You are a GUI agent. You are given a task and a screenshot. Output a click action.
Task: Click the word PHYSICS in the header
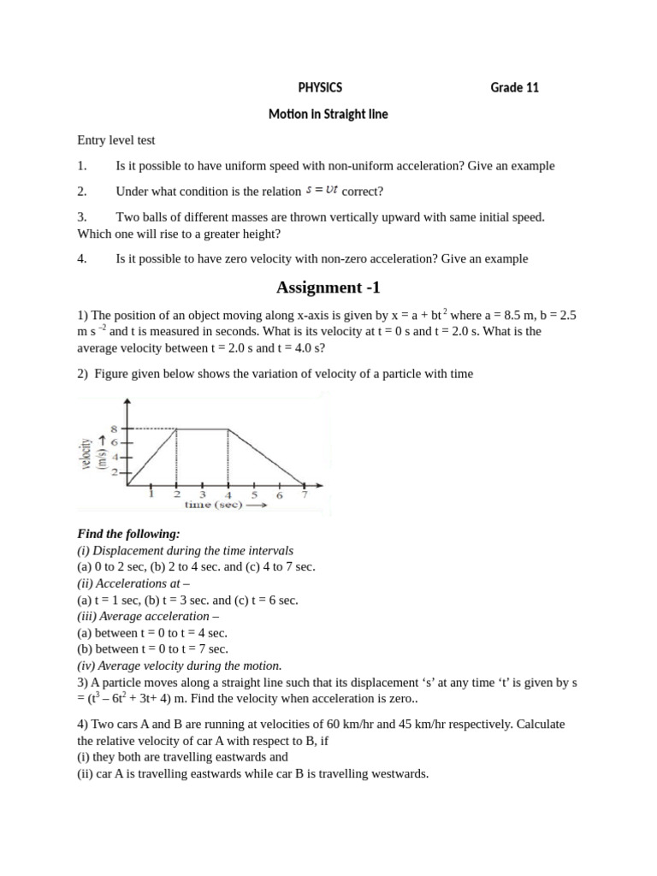320,87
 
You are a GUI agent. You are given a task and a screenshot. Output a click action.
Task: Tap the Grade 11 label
514,87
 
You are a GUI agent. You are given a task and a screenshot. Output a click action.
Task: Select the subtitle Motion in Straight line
328,114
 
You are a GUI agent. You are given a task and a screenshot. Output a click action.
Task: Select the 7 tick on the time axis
305,494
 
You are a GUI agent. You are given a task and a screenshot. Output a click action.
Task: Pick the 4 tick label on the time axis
228,494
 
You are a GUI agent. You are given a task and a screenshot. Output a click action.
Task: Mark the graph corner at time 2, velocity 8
177,429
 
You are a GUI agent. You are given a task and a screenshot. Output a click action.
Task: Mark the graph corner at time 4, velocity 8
228,429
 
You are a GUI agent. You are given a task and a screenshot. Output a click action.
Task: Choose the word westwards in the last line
398,774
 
